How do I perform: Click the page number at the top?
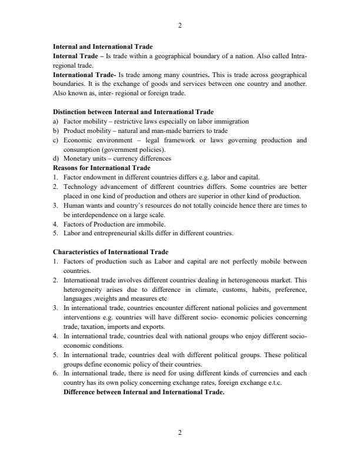180,25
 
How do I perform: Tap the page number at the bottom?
180,432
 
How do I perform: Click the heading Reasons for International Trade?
102,168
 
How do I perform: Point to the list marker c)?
56,140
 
